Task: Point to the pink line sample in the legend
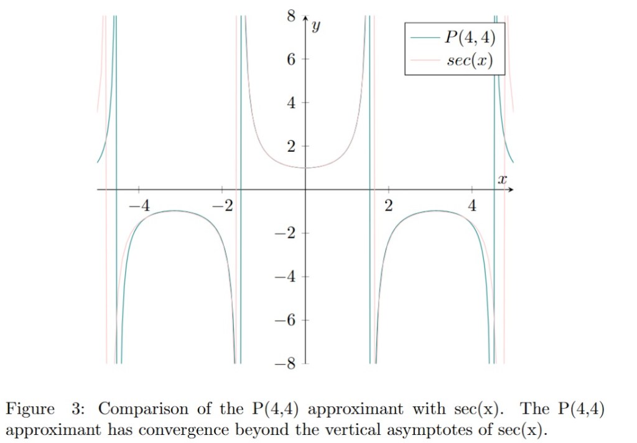425,61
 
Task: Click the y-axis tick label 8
291,16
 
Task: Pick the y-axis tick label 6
291,60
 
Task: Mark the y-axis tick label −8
287,364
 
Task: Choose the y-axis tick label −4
287,277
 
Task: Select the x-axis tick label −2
224,206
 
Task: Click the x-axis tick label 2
389,206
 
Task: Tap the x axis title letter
503,180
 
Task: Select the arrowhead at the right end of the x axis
517,189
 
